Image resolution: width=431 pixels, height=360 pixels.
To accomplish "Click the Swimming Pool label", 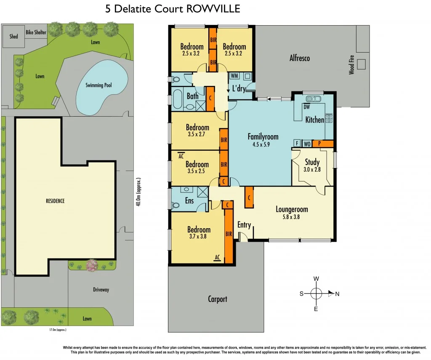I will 98,85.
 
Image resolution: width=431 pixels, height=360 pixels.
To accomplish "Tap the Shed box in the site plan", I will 14,36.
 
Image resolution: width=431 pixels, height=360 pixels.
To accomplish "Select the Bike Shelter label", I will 36,32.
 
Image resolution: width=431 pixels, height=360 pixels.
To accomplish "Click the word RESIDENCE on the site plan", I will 55,201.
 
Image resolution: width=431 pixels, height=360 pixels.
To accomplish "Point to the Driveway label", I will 101,290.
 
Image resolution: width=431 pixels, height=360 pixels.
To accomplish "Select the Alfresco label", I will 299,58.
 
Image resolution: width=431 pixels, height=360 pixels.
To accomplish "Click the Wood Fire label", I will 351,64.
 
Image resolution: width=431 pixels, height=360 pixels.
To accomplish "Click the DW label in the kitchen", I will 306,107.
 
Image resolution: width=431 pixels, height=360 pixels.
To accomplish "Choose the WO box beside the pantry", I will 307,144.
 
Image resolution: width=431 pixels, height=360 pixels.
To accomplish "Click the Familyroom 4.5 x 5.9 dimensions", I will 263,144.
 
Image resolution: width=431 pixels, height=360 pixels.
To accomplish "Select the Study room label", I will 312,162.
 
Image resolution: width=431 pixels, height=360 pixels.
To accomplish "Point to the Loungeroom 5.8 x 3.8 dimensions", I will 292,217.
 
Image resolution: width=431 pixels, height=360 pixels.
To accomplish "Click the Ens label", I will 189,200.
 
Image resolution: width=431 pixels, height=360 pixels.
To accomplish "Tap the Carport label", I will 218,299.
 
